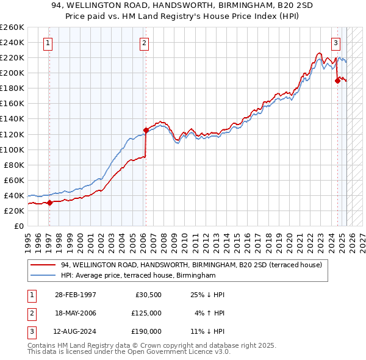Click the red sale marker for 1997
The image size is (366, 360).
(49, 203)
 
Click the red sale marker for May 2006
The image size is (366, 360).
(146, 129)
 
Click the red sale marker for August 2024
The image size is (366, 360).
(337, 80)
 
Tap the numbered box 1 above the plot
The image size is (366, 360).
(48, 43)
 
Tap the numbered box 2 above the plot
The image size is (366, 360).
(144, 43)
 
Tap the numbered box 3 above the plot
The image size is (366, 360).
(335, 43)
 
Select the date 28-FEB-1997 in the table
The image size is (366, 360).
(74, 294)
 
